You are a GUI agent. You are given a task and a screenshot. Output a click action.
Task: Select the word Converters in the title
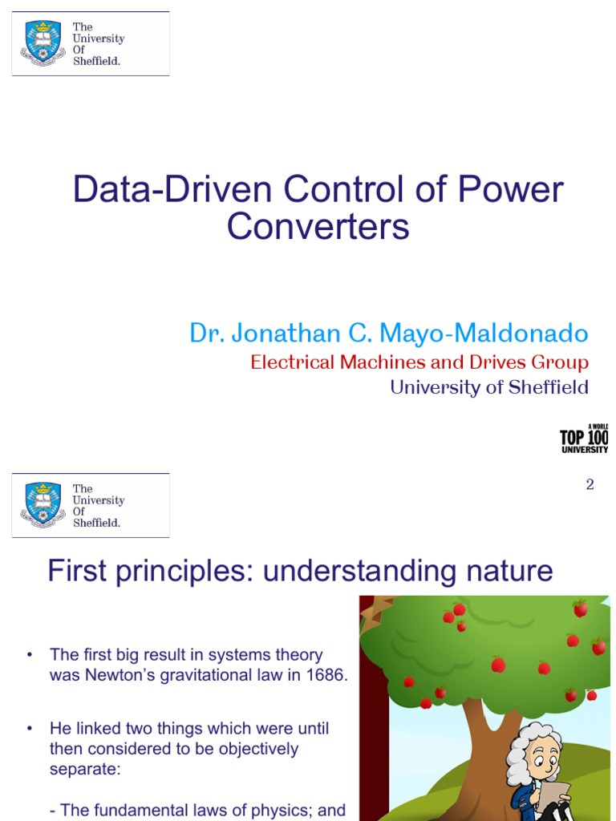pyautogui.click(x=318, y=226)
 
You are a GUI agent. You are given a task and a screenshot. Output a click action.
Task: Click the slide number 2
pyautogui.click(x=590, y=485)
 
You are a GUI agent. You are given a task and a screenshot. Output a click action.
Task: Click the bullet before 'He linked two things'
pyautogui.click(x=30, y=729)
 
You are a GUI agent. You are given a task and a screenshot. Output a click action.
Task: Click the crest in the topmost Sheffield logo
pyautogui.click(x=43, y=43)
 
